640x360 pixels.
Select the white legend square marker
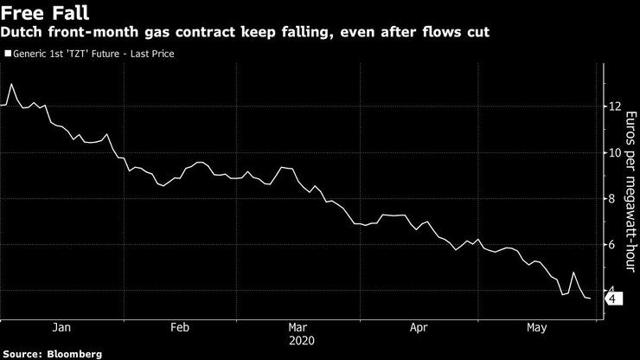point(8,54)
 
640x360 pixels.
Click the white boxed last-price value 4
point(611,299)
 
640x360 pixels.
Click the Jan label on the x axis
point(61,328)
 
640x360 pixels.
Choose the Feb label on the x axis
point(179,328)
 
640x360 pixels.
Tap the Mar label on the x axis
point(298,328)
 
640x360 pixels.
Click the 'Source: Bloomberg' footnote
point(52,354)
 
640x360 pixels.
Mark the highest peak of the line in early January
point(11,84)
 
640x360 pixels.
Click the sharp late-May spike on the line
point(573,273)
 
